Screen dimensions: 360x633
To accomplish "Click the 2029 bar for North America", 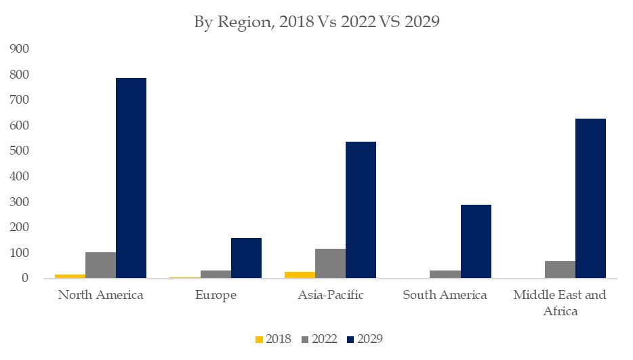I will point(131,178).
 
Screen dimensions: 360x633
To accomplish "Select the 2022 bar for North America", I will point(100,265).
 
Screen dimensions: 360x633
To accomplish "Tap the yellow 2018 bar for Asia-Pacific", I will point(300,275).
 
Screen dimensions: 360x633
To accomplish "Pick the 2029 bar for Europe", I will point(246,258).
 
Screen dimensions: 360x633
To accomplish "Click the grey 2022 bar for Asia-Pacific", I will point(330,264).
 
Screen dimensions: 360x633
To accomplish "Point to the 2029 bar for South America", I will point(476,241).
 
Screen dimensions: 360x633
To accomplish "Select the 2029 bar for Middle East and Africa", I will point(590,199).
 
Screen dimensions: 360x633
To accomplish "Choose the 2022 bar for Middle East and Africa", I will point(560,270).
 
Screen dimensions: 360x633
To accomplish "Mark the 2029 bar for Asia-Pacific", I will point(361,210).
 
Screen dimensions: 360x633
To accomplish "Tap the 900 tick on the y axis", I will point(19,49).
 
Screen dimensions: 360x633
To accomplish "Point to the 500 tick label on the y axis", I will point(19,151).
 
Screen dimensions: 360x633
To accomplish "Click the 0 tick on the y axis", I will point(24,279).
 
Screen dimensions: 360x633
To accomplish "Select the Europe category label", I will point(216,296).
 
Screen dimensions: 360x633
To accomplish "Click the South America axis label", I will point(445,296).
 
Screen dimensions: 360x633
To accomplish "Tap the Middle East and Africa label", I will point(560,303).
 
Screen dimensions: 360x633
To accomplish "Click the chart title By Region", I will point(317,22).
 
